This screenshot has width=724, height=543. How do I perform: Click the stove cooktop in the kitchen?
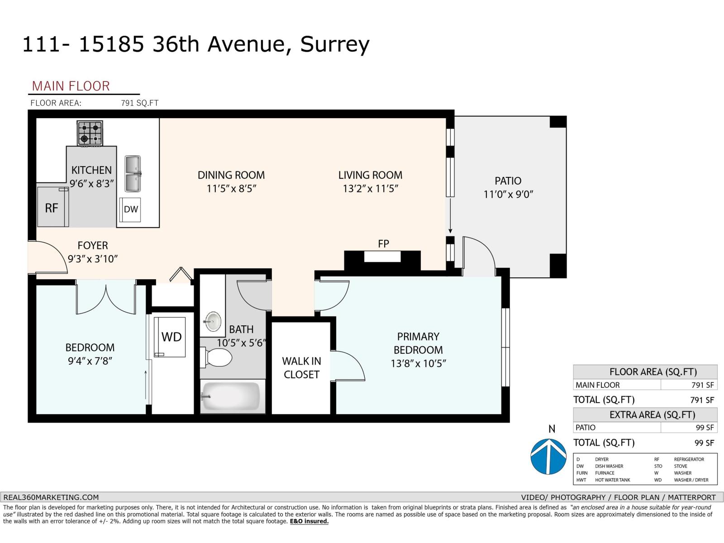(x=90, y=133)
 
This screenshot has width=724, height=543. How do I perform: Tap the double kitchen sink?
(x=133, y=174)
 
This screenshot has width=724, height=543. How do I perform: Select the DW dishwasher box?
(x=131, y=209)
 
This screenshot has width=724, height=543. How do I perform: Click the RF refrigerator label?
(x=52, y=208)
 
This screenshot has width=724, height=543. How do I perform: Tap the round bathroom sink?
(x=213, y=322)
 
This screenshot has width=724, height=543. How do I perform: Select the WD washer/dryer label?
(x=171, y=337)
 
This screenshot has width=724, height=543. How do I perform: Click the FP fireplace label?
(x=383, y=244)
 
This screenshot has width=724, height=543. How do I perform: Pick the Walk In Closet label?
(x=301, y=367)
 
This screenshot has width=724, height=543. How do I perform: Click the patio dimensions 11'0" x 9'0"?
(x=508, y=195)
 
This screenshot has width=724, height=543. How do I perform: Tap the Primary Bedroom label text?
(x=418, y=343)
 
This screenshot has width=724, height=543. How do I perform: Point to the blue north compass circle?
(x=548, y=456)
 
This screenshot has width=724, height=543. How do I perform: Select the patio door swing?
(x=479, y=256)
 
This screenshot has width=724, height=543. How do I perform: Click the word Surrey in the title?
(x=335, y=44)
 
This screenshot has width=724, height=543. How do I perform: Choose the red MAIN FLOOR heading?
(x=71, y=86)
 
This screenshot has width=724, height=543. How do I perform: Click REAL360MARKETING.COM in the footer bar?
(x=51, y=497)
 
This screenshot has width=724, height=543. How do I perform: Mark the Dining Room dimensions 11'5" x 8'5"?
(x=232, y=189)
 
